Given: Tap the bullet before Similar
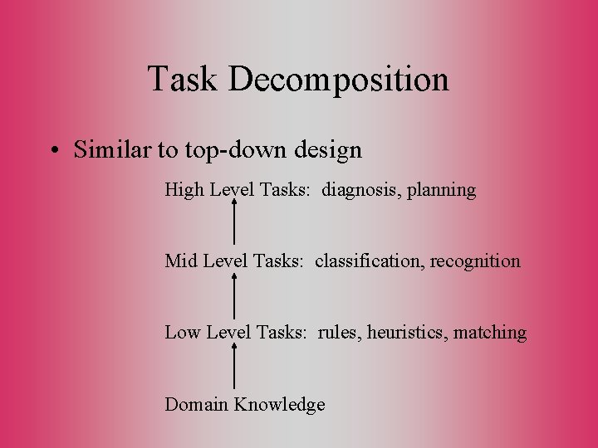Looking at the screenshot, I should tap(53, 151).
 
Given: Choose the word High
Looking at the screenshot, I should tap(184, 190).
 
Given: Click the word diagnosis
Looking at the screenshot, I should tap(360, 191).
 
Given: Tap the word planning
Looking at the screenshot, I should tap(441, 191).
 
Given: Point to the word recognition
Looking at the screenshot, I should tap(475, 261).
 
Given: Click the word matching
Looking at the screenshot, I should tap(490, 334).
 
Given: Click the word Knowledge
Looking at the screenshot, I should tap(279, 405).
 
